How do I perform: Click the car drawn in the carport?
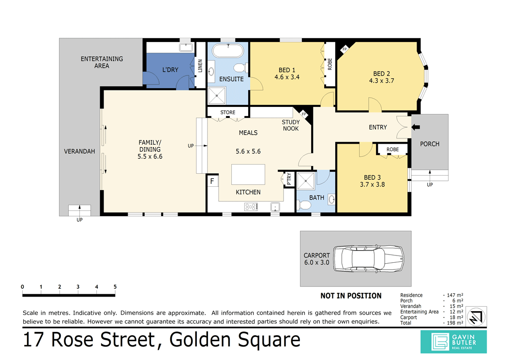(371, 259)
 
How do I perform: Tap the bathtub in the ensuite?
(229, 50)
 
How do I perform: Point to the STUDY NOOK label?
(291, 125)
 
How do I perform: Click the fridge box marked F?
(212, 181)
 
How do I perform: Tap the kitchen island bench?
(248, 174)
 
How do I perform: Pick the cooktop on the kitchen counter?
(251, 207)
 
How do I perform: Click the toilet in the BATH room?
(305, 205)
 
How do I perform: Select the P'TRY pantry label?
(289, 179)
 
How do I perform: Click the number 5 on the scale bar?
(115, 287)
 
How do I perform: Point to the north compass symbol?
(478, 315)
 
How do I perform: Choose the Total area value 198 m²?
(455, 323)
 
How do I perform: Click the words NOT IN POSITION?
(351, 296)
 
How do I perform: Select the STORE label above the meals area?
(227, 113)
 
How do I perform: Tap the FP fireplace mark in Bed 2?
(344, 49)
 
